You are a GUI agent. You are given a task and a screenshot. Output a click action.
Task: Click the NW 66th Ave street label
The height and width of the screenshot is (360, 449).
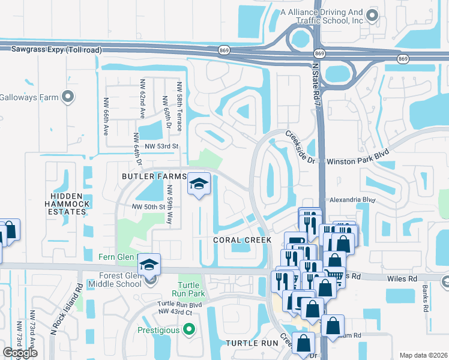pos(105,116)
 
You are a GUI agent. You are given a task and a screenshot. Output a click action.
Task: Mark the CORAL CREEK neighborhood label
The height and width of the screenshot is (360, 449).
pos(243,239)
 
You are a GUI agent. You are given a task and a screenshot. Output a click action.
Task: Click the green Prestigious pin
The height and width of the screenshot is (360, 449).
pos(190,329)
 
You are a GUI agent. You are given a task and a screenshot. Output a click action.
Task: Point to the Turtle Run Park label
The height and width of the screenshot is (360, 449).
pos(191,289)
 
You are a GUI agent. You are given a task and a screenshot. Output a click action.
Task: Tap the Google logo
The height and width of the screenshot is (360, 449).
pos(20,352)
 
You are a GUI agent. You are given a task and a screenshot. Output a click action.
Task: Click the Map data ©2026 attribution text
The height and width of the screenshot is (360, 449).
pos(423,355)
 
